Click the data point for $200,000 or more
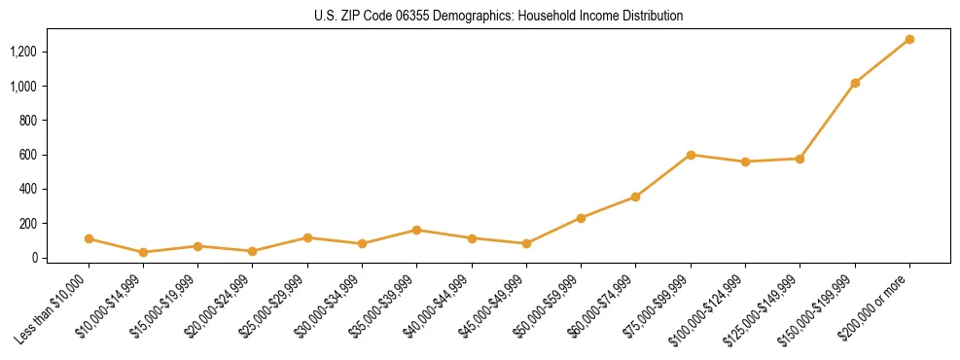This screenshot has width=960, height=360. [x=909, y=40]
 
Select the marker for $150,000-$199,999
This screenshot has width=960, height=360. [x=855, y=83]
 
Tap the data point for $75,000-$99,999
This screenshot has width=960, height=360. [x=691, y=155]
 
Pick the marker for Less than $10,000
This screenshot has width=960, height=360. [x=89, y=238]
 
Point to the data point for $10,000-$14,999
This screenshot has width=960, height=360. [x=144, y=252]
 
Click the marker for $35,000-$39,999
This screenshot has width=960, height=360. [x=417, y=230]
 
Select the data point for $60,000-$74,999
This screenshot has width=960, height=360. [x=636, y=197]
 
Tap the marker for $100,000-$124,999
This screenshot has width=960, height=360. [x=745, y=162]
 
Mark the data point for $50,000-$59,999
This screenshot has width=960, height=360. [x=581, y=218]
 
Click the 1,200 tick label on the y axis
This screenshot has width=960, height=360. [x=24, y=52]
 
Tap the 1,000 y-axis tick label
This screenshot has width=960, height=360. [x=24, y=87]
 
